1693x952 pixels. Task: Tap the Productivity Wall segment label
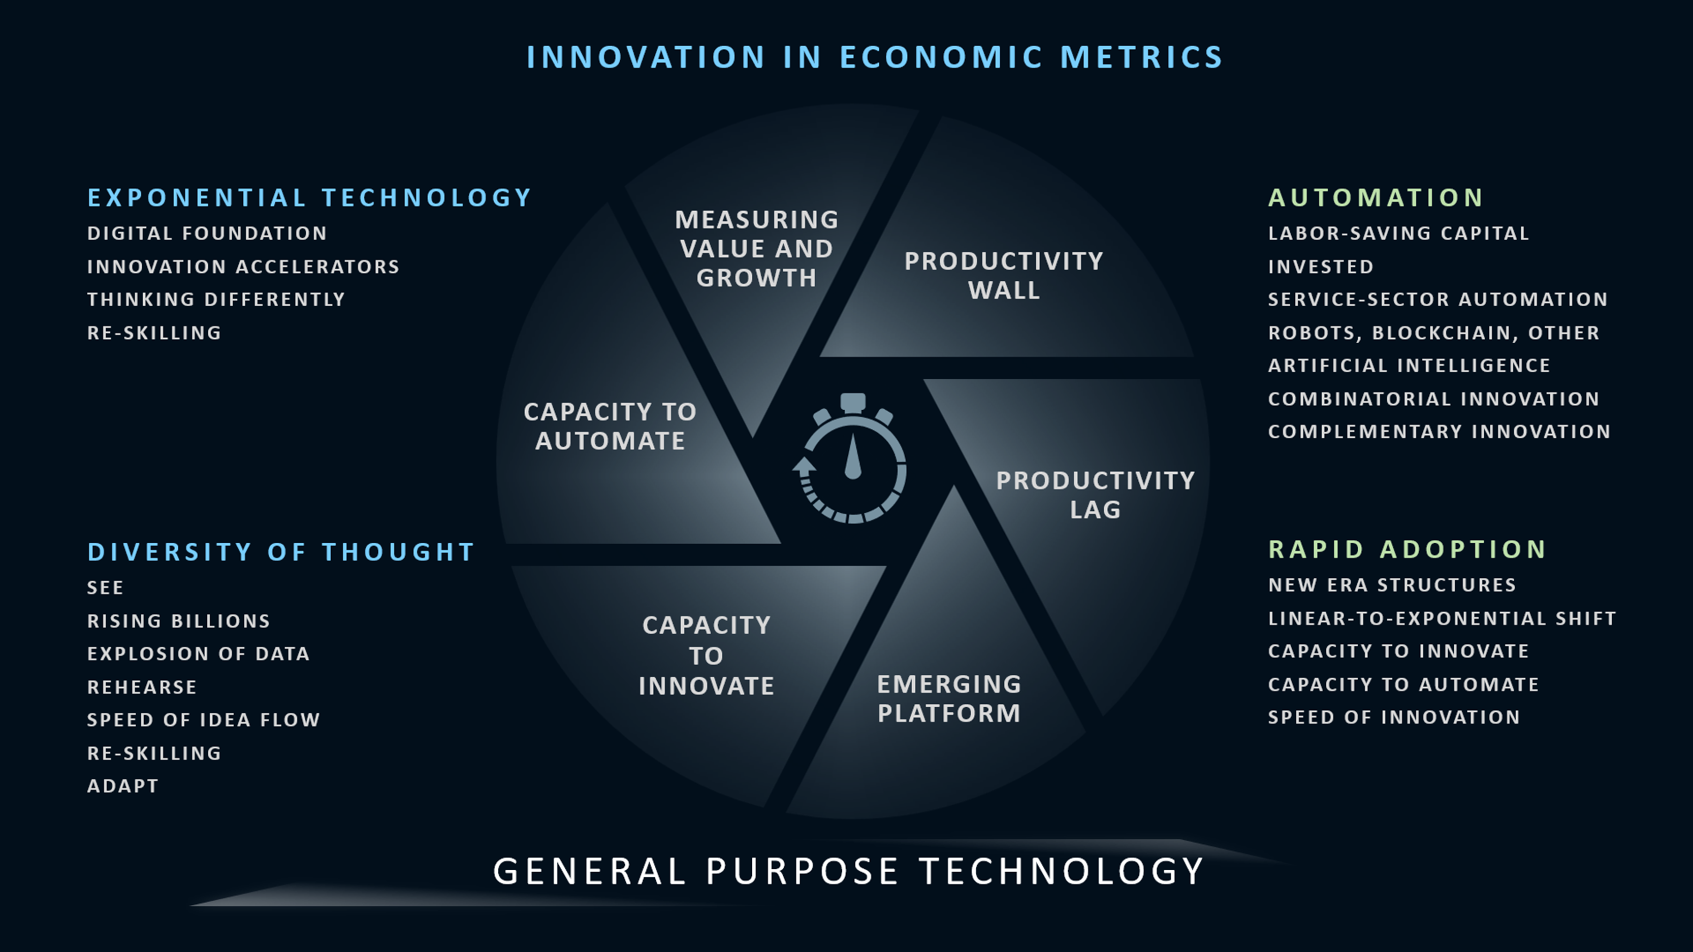pos(1004,275)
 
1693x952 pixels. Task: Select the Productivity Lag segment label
pos(1095,495)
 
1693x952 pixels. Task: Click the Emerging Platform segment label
pos(949,699)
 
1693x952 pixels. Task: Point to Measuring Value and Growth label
pos(756,248)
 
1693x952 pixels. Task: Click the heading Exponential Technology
pos(309,198)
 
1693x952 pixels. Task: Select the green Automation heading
pos(1376,198)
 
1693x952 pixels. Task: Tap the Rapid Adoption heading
pos(1407,549)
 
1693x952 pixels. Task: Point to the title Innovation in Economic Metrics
pos(874,57)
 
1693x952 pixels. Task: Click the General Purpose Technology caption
pos(848,871)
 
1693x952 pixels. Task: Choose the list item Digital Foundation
pos(207,233)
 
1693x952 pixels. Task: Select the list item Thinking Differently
pos(216,300)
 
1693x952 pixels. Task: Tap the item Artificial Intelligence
pos(1409,365)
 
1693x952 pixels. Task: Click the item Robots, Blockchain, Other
pos(1433,333)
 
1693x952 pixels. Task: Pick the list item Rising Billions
pos(179,621)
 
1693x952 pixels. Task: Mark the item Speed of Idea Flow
pos(204,720)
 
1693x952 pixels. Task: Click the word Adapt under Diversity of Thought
pos(123,786)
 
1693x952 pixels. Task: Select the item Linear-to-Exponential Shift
pos(1442,618)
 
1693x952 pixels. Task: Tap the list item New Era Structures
pos(1392,585)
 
